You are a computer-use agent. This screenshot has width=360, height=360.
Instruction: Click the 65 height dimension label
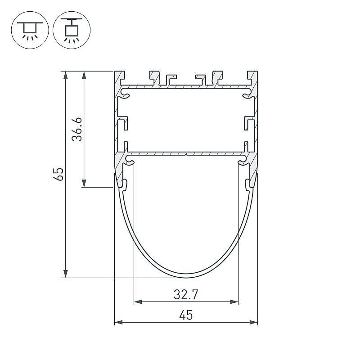[x=59, y=174]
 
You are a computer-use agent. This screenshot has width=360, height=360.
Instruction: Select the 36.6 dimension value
[x=77, y=129]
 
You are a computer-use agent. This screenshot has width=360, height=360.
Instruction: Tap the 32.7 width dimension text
[x=186, y=295]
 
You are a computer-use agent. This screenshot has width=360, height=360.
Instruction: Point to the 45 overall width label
[x=186, y=315]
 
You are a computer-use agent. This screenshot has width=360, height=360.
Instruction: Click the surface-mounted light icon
[x=30, y=30]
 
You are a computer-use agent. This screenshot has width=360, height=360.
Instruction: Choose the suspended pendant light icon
[x=72, y=30]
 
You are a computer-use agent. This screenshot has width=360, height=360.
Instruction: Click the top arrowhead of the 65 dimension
[x=66, y=75]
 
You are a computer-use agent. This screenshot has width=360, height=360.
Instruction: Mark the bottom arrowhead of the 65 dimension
[x=66, y=274]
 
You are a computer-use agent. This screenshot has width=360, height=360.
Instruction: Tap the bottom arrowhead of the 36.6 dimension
[x=84, y=184]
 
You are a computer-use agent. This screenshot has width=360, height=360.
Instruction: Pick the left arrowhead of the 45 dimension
[x=118, y=322]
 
